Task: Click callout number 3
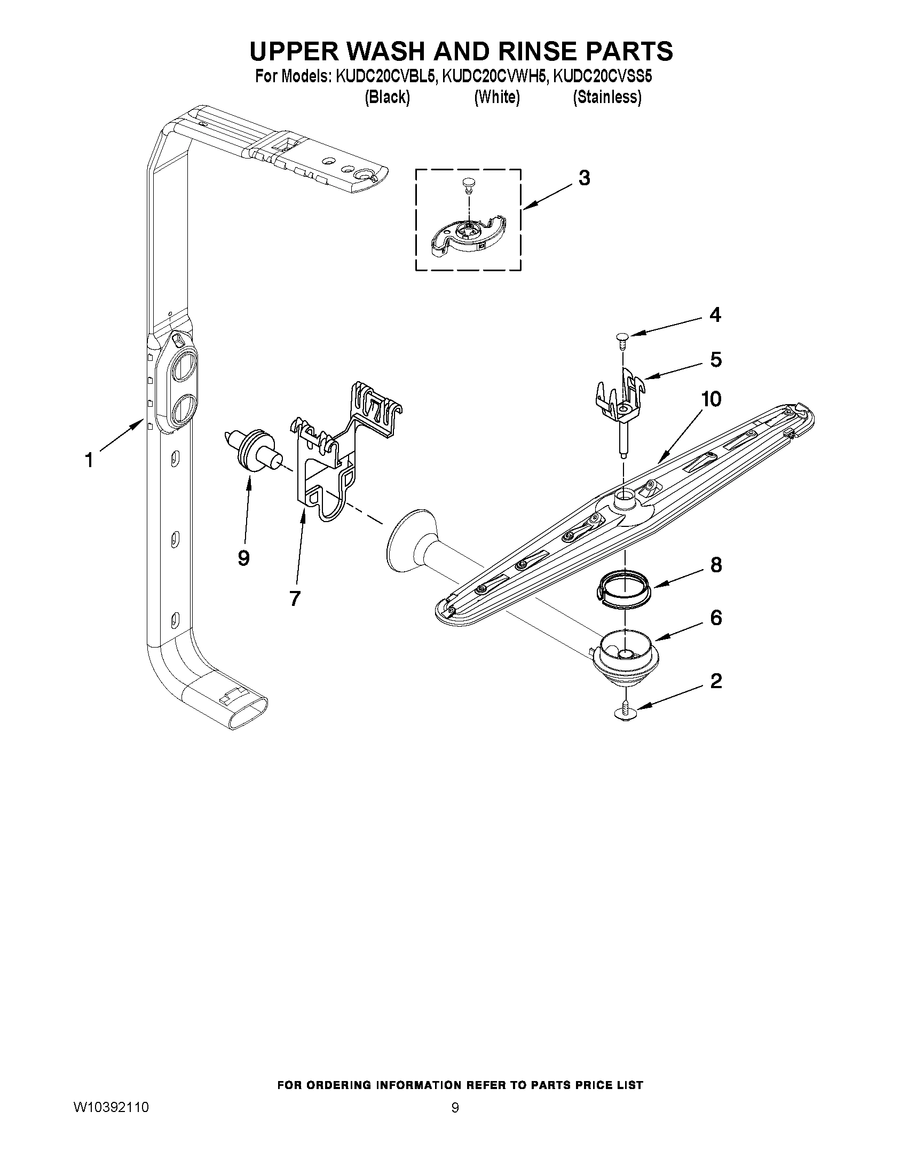[x=584, y=178]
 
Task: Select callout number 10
[x=711, y=399]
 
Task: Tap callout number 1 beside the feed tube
[x=89, y=461]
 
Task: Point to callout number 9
[x=243, y=558]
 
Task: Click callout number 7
[x=294, y=598]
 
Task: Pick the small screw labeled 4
[x=622, y=338]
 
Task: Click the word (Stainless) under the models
[x=607, y=97]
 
